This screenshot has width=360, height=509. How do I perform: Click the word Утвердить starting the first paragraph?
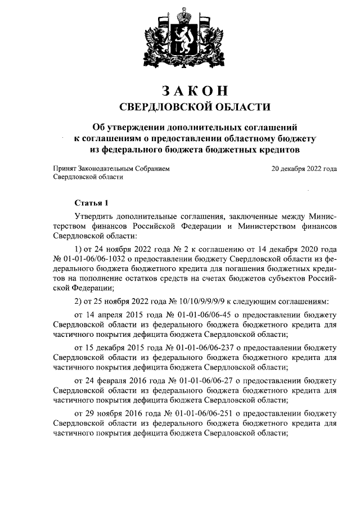[x=94, y=217]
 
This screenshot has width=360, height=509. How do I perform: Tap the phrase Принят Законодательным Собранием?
[x=110, y=168]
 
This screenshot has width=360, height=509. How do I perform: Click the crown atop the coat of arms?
[x=180, y=12]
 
